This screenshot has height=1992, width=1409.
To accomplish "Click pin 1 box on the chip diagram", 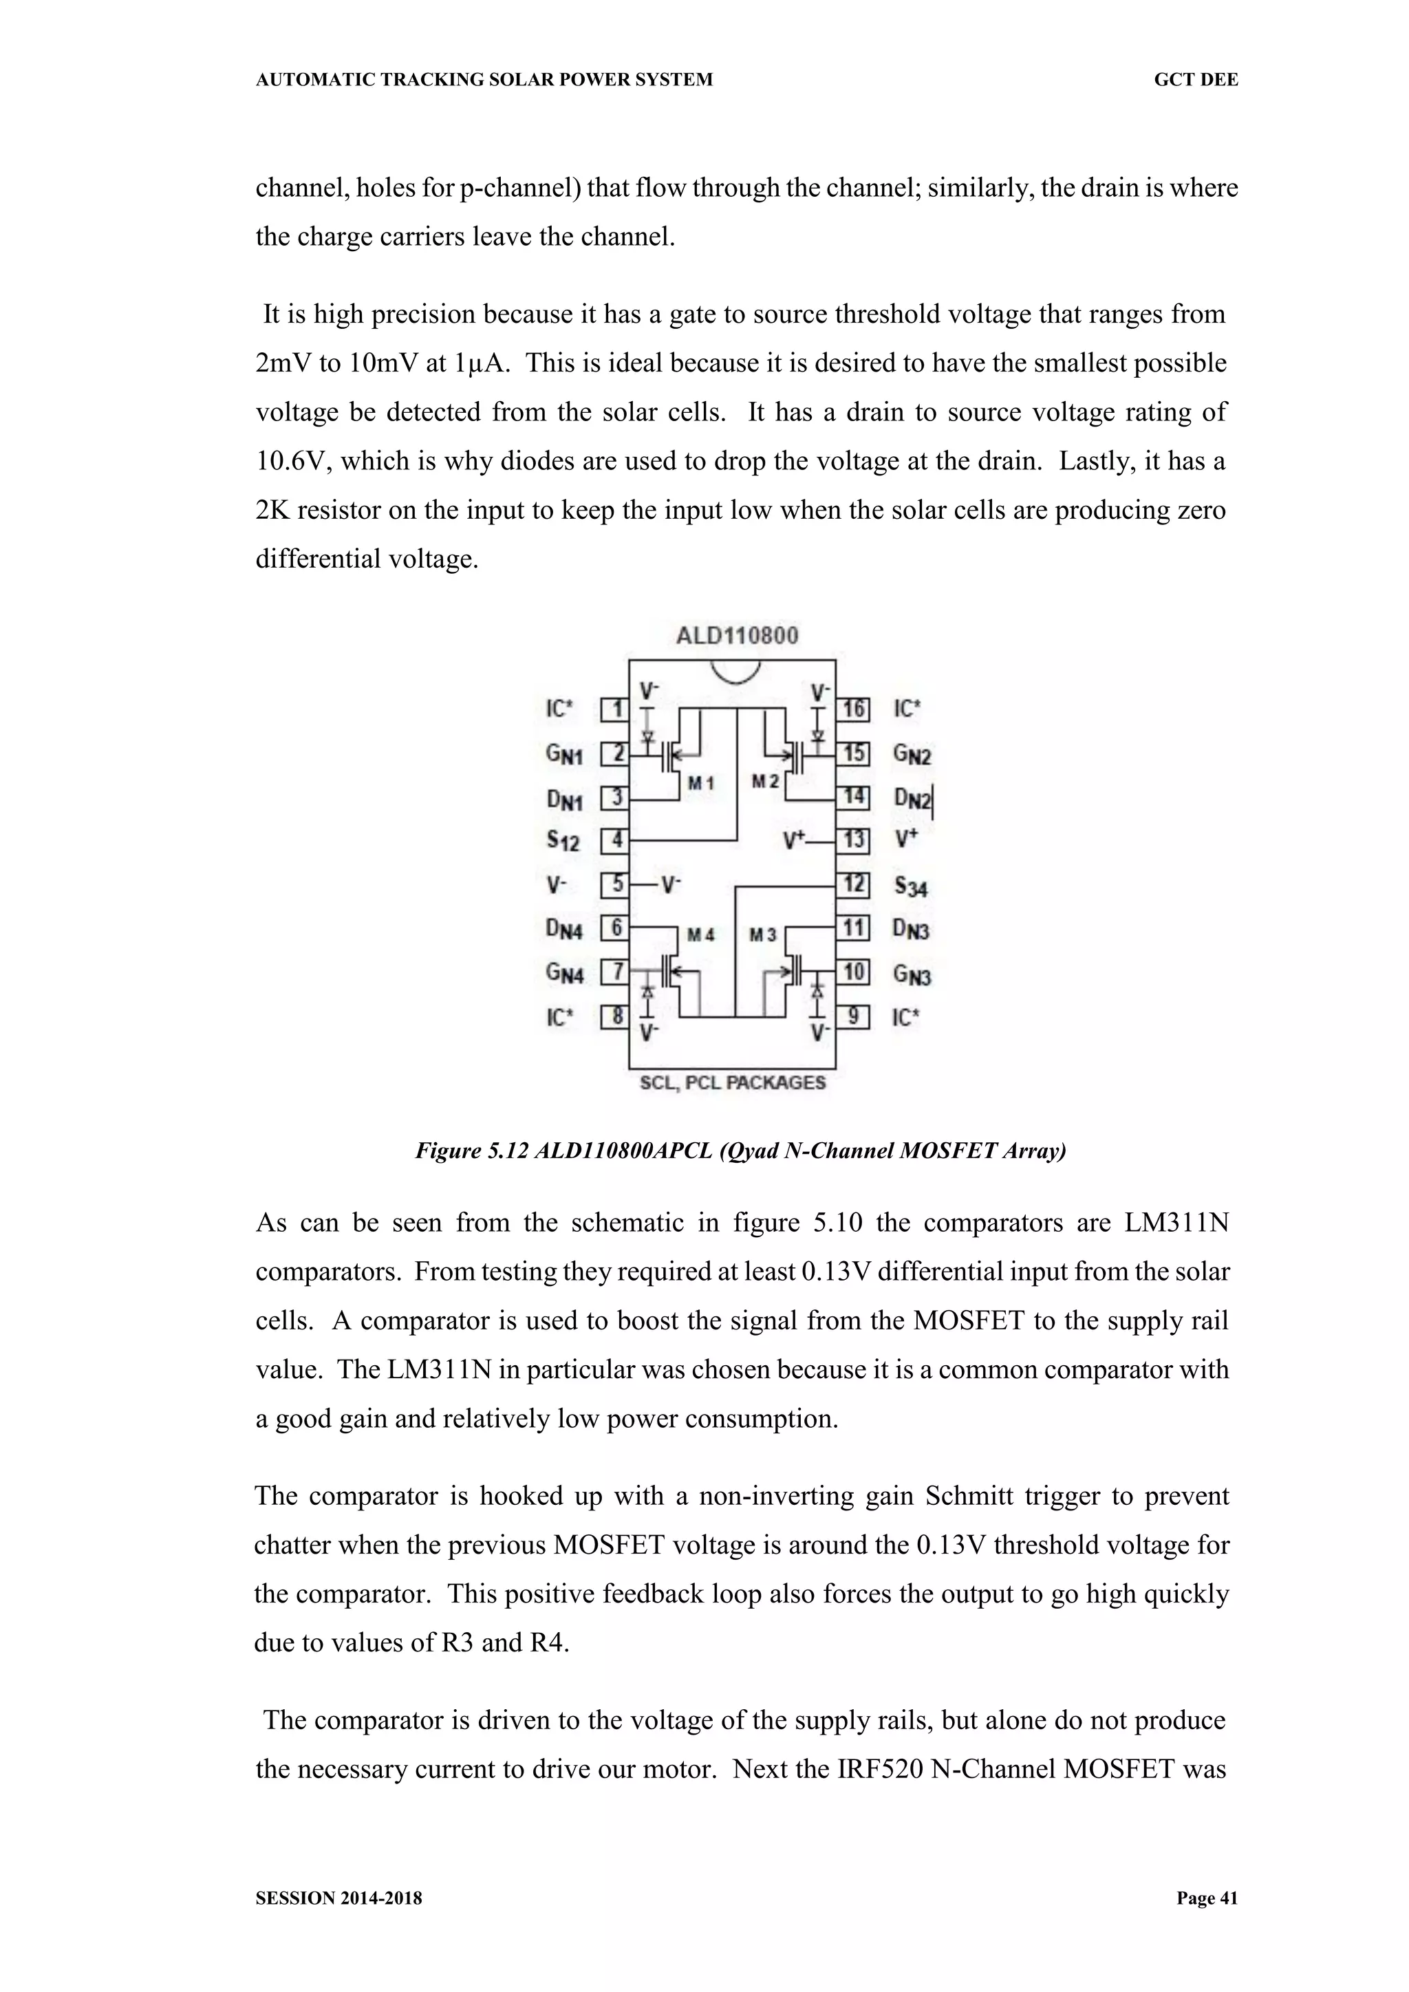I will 614,709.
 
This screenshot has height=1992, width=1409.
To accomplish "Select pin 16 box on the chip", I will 853,709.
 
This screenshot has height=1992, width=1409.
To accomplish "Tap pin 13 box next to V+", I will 853,840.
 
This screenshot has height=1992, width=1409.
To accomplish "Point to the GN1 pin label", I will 564,754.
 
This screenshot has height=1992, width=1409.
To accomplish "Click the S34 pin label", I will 911,886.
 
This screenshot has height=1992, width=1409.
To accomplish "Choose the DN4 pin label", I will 564,929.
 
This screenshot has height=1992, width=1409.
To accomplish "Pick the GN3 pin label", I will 912,975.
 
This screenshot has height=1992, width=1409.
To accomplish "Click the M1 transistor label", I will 700,784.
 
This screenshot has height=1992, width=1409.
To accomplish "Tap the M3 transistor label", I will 762,934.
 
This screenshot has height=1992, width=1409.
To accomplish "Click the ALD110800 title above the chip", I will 737,636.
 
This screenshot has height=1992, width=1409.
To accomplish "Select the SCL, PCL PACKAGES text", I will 732,1083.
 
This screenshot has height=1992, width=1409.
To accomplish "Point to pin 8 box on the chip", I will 614,1016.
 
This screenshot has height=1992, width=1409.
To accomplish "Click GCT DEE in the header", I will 1196,80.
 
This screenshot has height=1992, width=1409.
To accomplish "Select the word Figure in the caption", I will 447,1151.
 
